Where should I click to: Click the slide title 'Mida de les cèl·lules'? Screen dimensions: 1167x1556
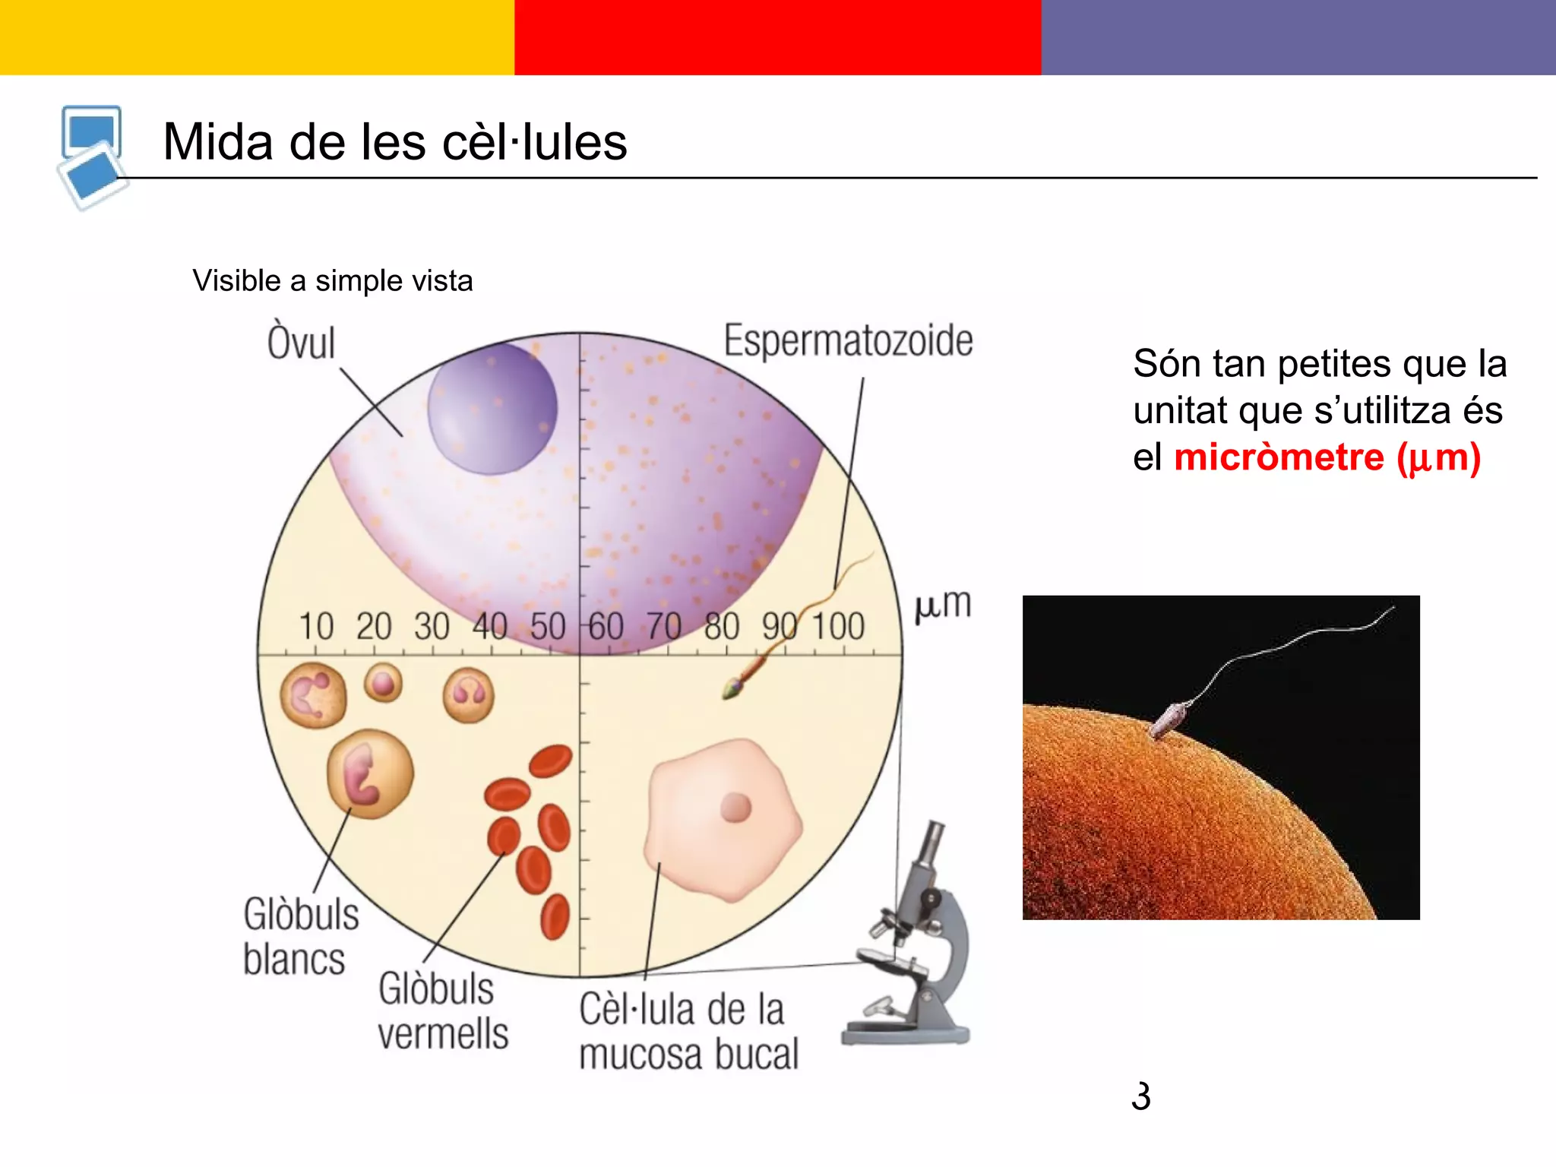click(x=395, y=142)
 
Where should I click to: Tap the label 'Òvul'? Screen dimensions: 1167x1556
click(x=301, y=343)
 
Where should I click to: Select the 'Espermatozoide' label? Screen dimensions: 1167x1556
click(x=848, y=340)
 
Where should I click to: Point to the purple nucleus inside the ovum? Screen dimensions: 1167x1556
click(x=492, y=409)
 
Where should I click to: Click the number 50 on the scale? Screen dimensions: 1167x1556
click(x=548, y=627)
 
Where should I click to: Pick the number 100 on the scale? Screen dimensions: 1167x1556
click(x=838, y=627)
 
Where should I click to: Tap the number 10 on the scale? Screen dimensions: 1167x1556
click(x=316, y=627)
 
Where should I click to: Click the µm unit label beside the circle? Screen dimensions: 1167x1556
click(x=942, y=605)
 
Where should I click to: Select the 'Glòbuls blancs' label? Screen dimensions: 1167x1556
click(x=300, y=936)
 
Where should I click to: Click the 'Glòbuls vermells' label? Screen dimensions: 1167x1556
click(x=442, y=1010)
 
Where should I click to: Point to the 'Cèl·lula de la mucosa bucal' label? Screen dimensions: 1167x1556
click(x=688, y=1032)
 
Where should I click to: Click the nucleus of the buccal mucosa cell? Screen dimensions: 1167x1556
click(x=735, y=808)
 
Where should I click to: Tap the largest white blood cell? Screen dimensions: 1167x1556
click(x=370, y=774)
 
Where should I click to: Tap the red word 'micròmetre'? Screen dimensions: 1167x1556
click(x=1279, y=457)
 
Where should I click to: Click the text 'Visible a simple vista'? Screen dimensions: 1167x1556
click(x=332, y=280)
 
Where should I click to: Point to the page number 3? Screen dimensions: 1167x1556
click(x=1140, y=1096)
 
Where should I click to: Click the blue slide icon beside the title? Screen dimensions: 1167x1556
click(x=92, y=157)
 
